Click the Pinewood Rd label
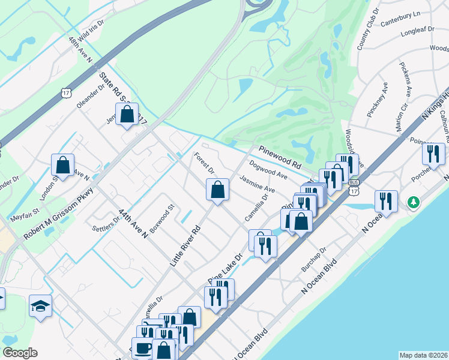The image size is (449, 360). point(279,157)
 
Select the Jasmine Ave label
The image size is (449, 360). point(257,184)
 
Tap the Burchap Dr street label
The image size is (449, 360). point(315,259)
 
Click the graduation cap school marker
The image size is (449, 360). point(41,307)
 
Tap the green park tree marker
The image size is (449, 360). point(413,202)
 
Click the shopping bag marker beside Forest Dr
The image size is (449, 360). point(217,190)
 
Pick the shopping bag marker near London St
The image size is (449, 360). point(62,164)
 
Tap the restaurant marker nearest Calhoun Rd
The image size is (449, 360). point(433,153)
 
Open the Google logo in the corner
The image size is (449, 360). point(20,353)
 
